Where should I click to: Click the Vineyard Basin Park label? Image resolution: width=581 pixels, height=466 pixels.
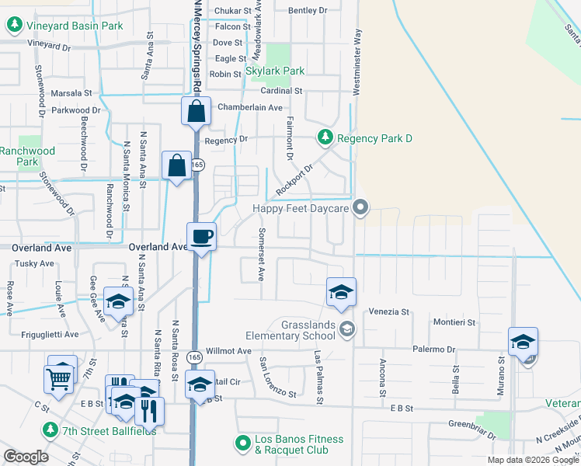75,26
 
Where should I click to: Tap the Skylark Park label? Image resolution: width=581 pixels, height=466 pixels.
275,71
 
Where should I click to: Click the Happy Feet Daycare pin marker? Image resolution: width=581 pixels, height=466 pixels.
359,207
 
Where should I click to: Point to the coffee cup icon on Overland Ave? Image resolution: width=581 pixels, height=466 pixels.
202,236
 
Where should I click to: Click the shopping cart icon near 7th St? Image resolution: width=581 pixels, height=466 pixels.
59,378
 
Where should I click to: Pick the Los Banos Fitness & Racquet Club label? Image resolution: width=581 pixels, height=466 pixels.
299,444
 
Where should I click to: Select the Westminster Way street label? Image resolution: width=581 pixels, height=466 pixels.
357,62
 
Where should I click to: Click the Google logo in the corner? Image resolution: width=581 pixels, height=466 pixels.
26,456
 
